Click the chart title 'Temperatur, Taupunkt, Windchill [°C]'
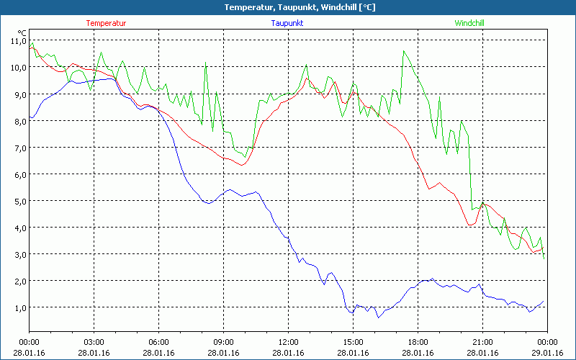pyautogui.click(x=288, y=7)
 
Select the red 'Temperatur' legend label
pyautogui.click(x=106, y=23)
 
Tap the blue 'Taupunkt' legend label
pyautogui.click(x=287, y=23)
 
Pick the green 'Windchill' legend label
pyautogui.click(x=469, y=23)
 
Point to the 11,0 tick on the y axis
pyautogui.click(x=17, y=41)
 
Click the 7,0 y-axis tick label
pyautogui.click(x=18, y=148)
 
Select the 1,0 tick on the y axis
pyautogui.click(x=18, y=307)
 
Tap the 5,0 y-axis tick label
pyautogui.click(x=18, y=201)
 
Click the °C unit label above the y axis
pyautogui.click(x=22, y=32)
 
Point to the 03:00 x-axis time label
pyautogui.click(x=94, y=342)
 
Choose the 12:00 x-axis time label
pyautogui.click(x=288, y=342)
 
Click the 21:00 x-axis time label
pyautogui.click(x=482, y=342)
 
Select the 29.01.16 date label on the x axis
pyautogui.click(x=547, y=353)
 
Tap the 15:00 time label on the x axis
pyautogui.click(x=353, y=342)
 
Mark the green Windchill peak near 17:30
pyautogui.click(x=404, y=51)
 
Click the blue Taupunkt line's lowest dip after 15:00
pyautogui.click(x=379, y=317)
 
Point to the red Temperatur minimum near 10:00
pyautogui.click(x=243, y=165)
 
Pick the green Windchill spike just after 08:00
pyautogui.click(x=206, y=65)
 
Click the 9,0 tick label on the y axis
pyautogui.click(x=18, y=94)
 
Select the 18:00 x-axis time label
pyautogui.click(x=418, y=342)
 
